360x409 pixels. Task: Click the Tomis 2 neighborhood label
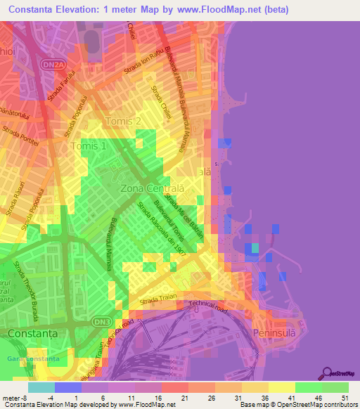(x=123, y=122)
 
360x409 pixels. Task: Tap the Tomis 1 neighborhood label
(x=89, y=146)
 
